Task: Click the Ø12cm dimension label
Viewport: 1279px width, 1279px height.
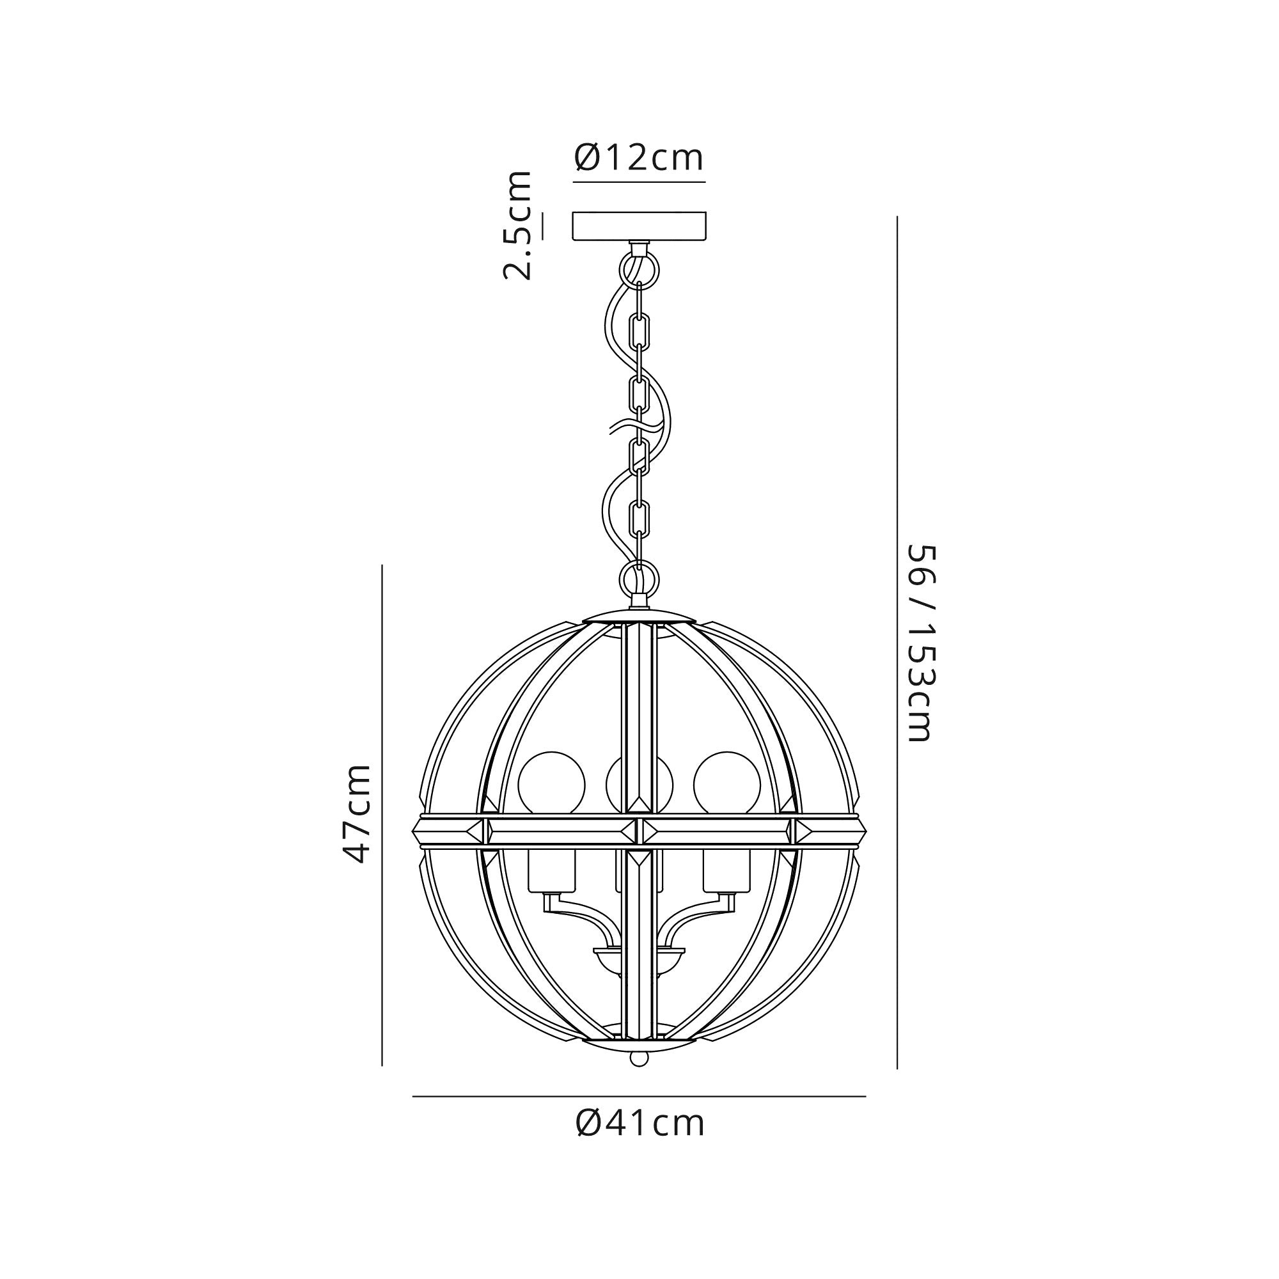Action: [639, 157]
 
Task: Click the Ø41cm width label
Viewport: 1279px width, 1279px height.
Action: [639, 1124]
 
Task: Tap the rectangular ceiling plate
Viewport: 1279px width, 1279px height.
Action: [639, 225]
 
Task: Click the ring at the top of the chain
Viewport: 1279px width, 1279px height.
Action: [639, 269]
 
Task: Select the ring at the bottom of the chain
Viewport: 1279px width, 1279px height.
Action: [639, 578]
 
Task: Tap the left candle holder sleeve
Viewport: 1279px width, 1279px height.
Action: [551, 872]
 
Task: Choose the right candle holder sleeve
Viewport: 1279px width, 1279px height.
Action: [727, 872]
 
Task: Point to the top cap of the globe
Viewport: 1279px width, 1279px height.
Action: [639, 618]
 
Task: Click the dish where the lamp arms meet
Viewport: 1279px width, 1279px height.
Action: [639, 953]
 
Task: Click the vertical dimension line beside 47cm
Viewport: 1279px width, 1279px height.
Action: [382, 814]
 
